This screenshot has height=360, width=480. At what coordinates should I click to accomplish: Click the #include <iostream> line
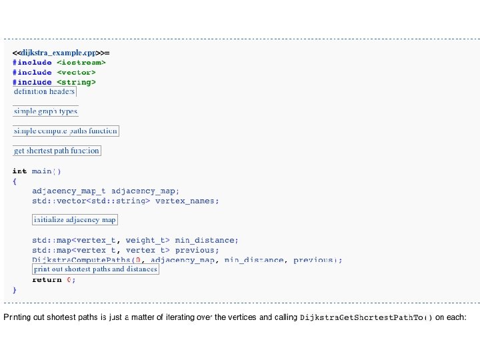(x=59, y=62)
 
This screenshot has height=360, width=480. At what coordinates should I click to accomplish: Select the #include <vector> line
(x=54, y=72)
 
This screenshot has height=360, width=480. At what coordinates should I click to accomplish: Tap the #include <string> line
(x=54, y=82)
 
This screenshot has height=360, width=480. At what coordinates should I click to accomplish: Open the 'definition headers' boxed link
(x=45, y=91)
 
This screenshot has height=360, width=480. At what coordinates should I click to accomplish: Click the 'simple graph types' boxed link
(x=46, y=111)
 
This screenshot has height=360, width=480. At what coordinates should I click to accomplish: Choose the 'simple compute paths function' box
(x=65, y=131)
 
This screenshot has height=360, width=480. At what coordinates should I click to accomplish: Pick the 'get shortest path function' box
(x=57, y=151)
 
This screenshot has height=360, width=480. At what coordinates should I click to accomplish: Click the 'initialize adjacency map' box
(x=75, y=219)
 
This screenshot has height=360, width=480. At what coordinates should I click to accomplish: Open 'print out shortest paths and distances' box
(x=95, y=269)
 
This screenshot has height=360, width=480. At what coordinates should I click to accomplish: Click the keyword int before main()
(x=19, y=171)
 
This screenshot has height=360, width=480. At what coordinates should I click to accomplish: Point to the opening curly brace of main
(x=14, y=181)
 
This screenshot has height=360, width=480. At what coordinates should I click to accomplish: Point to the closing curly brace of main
(x=14, y=290)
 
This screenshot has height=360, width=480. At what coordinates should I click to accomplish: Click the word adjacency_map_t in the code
(x=69, y=191)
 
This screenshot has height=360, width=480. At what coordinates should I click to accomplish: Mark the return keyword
(x=47, y=279)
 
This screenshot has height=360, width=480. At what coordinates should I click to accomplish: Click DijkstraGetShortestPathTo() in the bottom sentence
(x=366, y=317)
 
